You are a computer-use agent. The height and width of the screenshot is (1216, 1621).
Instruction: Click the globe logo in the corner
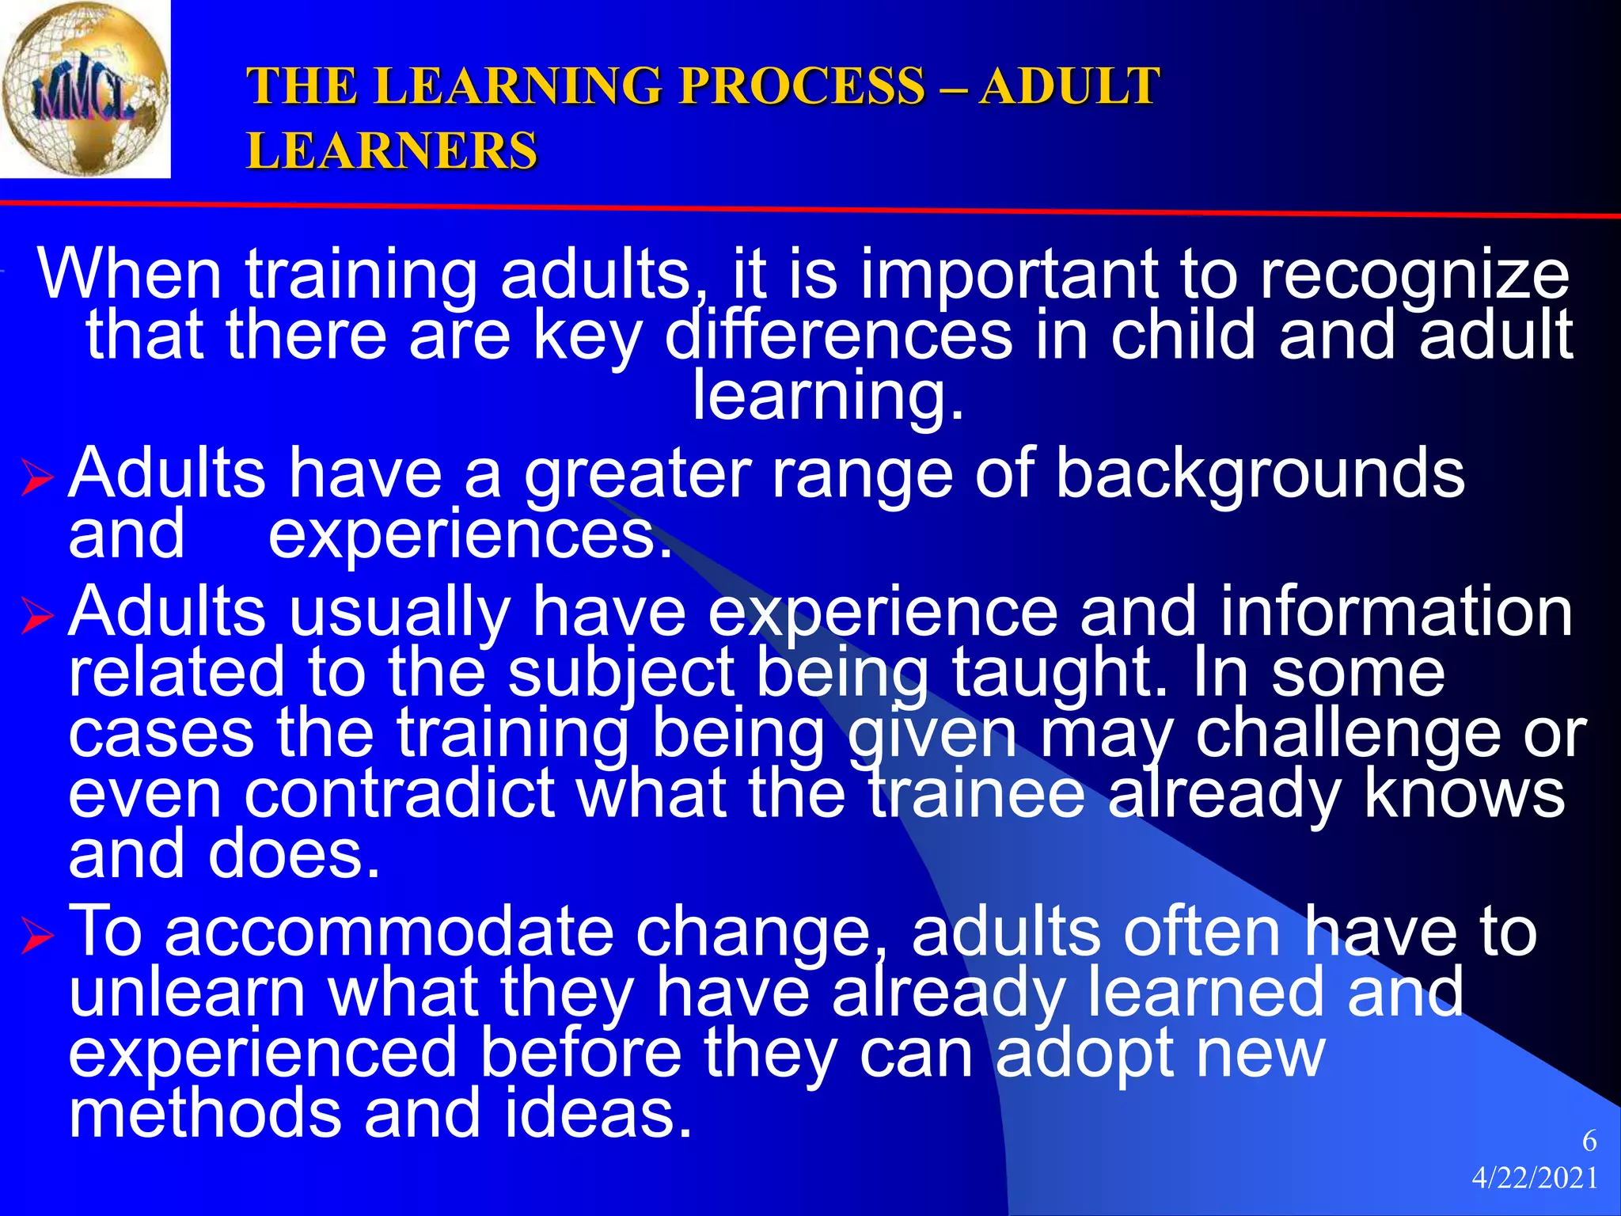(x=85, y=89)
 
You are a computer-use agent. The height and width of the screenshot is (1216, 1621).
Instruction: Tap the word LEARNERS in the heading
(x=392, y=150)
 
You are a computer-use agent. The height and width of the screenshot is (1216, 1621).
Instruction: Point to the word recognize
(x=1414, y=275)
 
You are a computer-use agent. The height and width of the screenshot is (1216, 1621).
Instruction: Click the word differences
(x=838, y=336)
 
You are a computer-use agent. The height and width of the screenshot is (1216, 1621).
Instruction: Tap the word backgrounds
(x=1260, y=474)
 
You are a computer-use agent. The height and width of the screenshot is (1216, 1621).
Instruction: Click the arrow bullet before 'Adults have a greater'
(x=37, y=479)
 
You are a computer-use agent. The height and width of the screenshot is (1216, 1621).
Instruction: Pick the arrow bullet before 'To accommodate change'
(x=37, y=936)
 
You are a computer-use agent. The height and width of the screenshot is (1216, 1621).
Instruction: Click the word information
(x=1396, y=612)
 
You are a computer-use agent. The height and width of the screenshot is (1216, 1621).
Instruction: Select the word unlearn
(x=188, y=993)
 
